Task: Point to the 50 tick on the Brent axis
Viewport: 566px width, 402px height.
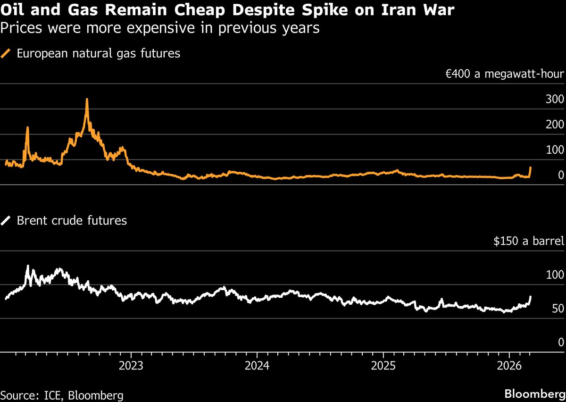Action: pyautogui.click(x=558, y=309)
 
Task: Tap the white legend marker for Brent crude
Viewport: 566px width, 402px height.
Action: pyautogui.click(x=7, y=220)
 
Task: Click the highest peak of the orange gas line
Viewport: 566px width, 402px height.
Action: pyautogui.click(x=87, y=100)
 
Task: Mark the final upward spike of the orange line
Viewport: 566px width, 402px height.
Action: pyautogui.click(x=531, y=168)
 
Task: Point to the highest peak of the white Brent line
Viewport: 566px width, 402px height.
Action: pyautogui.click(x=28, y=266)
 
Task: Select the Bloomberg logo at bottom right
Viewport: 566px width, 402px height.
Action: pyautogui.click(x=534, y=394)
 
